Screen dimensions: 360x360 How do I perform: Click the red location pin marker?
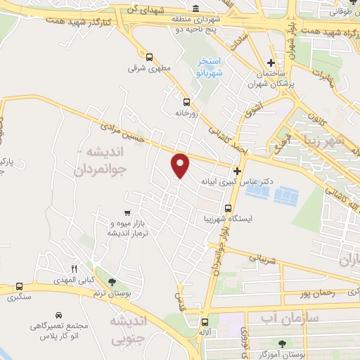point(181,165)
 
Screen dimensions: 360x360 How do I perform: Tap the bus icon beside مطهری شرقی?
point(149,57)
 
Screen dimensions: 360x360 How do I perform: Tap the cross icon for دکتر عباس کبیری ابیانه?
point(237,171)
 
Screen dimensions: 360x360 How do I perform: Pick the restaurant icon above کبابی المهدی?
point(73,269)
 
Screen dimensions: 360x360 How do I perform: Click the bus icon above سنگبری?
point(19,288)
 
